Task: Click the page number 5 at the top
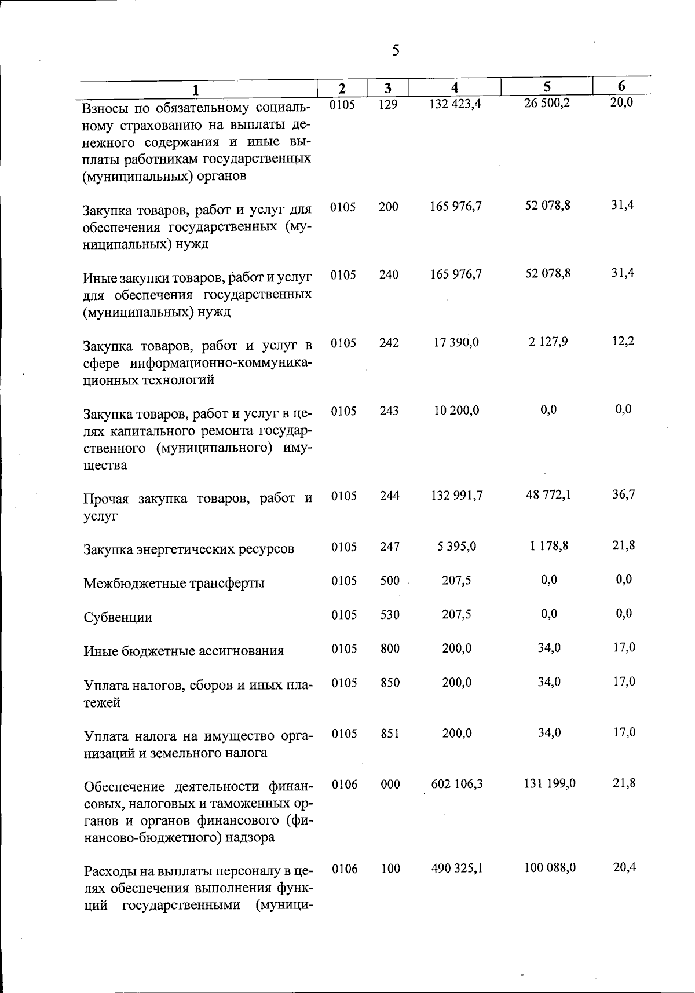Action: click(396, 50)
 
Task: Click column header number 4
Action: click(455, 87)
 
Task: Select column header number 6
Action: click(621, 86)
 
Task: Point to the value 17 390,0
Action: click(456, 342)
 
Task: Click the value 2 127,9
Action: click(548, 342)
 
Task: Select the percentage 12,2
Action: click(623, 341)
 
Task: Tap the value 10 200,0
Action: click(456, 411)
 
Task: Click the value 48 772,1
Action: click(548, 495)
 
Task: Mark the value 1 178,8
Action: click(548, 546)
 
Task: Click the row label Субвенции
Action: click(118, 617)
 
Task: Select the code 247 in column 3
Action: click(390, 547)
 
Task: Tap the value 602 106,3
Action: click(458, 784)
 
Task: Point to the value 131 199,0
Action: click(550, 783)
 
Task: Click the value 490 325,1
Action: click(458, 869)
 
